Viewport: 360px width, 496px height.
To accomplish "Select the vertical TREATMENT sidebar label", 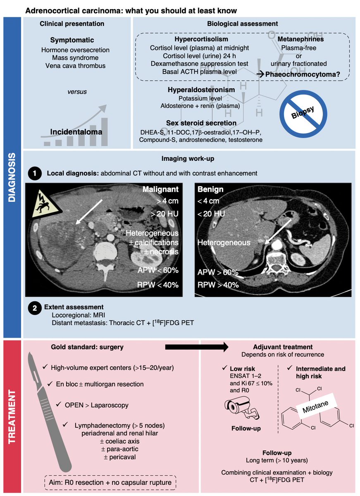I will pos(12,417).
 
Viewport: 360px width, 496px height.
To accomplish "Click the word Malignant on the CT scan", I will pos(161,190).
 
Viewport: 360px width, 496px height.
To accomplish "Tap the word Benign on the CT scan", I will pos(210,190).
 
